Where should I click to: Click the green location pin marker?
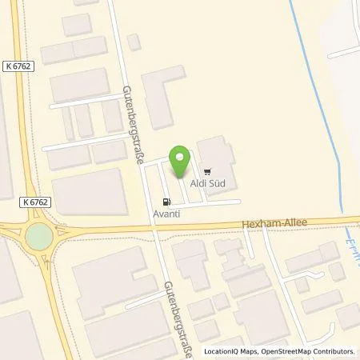pyautogui.click(x=181, y=161)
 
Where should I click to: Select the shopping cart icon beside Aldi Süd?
pyautogui.click(x=207, y=170)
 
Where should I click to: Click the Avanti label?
pyautogui.click(x=166, y=214)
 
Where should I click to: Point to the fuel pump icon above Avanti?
pyautogui.click(x=166, y=201)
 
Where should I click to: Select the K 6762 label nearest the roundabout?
pyautogui.click(x=32, y=203)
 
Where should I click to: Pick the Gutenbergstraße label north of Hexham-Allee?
pyautogui.click(x=130, y=124)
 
